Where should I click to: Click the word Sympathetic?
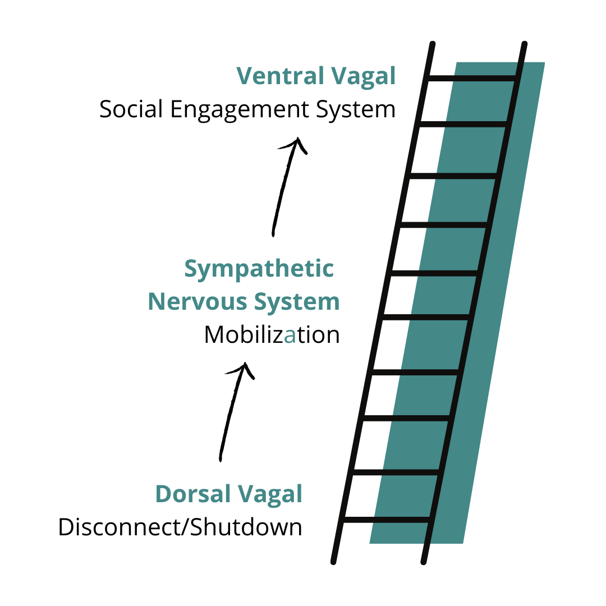(259, 269)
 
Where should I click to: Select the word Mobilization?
(272, 335)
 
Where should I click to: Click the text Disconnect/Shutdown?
(180, 528)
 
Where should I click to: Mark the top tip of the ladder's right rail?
(524, 43)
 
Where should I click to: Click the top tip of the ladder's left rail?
(432, 43)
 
